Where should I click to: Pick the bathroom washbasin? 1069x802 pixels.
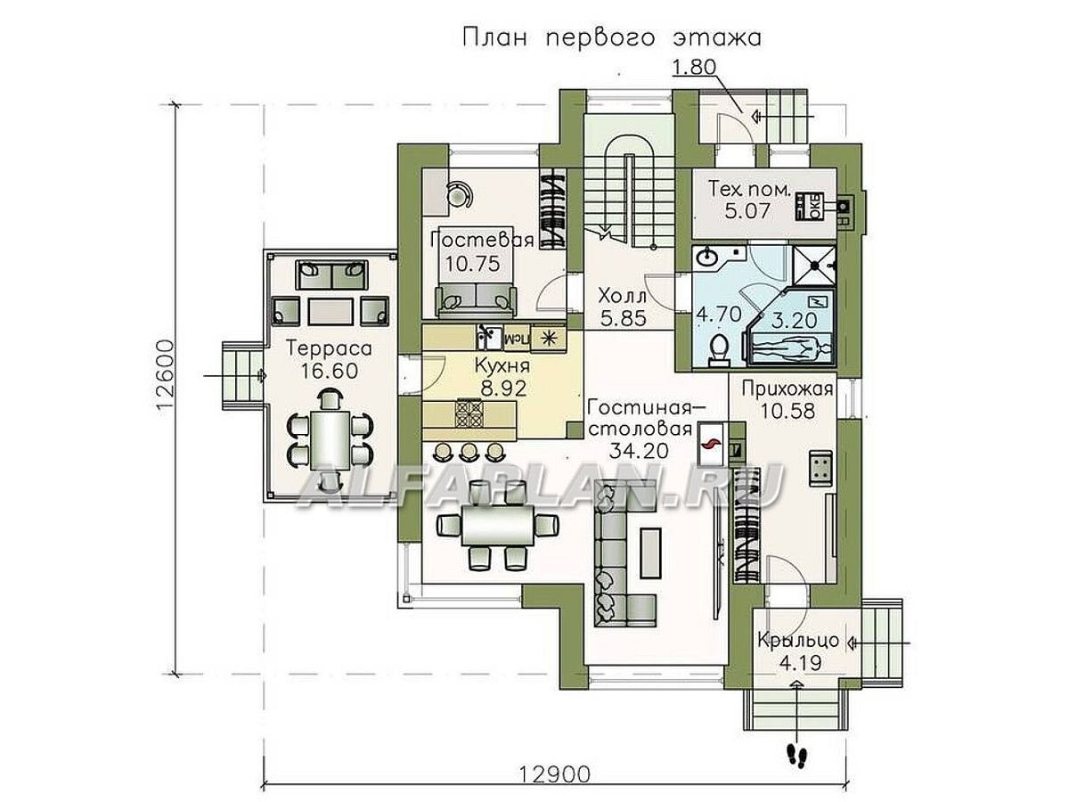coord(709,258)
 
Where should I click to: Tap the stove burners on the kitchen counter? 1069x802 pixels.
coord(469,413)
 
